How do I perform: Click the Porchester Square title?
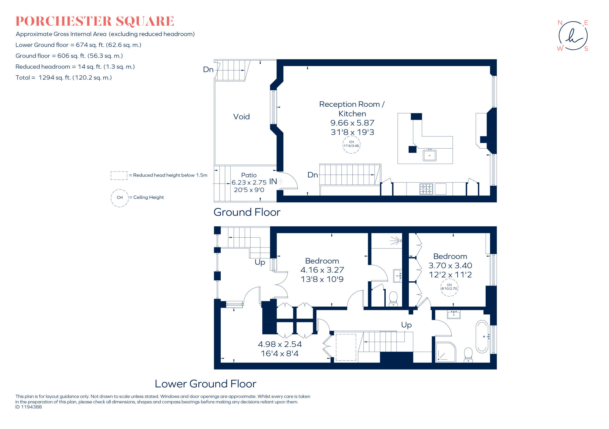click(x=95, y=21)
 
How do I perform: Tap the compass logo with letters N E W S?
click(x=573, y=36)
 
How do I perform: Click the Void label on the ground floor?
click(x=241, y=116)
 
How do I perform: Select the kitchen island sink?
click(x=429, y=155)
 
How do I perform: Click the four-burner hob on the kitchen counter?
click(x=426, y=189)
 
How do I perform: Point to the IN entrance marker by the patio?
click(x=273, y=181)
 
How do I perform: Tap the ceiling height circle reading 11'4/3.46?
click(x=351, y=144)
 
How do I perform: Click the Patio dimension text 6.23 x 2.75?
click(x=249, y=182)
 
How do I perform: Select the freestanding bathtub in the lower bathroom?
click(x=482, y=336)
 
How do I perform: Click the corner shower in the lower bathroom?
click(x=445, y=353)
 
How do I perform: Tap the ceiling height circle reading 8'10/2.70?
click(x=449, y=287)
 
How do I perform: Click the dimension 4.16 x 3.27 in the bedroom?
click(x=322, y=270)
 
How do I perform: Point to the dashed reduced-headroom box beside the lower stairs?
click(x=346, y=347)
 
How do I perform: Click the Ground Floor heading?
click(x=247, y=212)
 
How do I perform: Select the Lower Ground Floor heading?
click(x=205, y=384)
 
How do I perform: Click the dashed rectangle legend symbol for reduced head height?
click(x=119, y=175)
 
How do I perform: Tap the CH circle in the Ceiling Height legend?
click(x=120, y=198)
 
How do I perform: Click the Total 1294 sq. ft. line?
click(x=64, y=78)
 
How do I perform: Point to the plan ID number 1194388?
click(x=29, y=407)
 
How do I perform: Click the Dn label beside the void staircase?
click(x=208, y=70)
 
